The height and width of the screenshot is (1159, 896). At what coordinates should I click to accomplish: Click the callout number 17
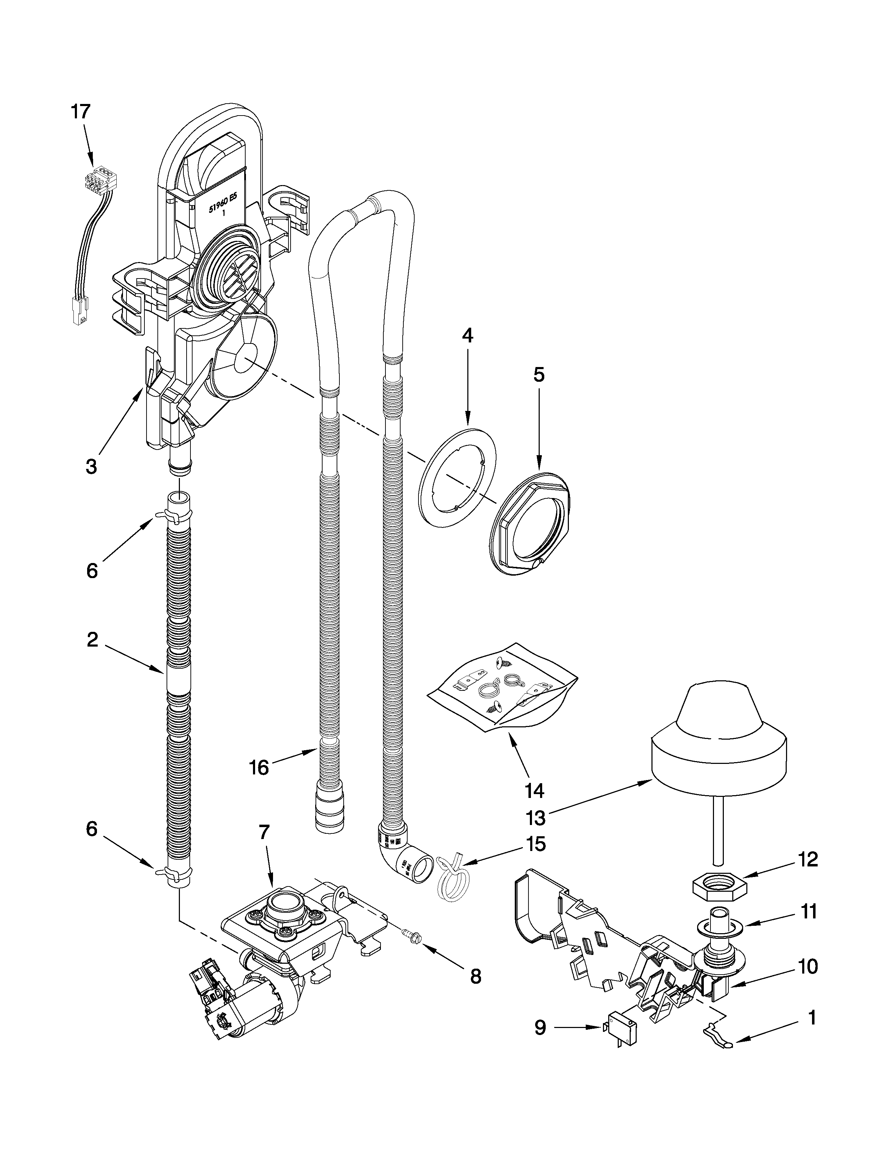click(81, 112)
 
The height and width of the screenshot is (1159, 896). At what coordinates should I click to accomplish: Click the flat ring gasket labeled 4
click(457, 478)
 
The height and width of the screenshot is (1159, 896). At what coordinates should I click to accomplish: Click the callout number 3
click(91, 466)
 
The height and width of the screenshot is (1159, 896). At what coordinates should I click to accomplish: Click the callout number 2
click(92, 640)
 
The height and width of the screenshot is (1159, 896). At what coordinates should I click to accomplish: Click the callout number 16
click(259, 768)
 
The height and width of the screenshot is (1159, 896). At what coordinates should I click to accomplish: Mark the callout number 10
click(808, 967)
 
